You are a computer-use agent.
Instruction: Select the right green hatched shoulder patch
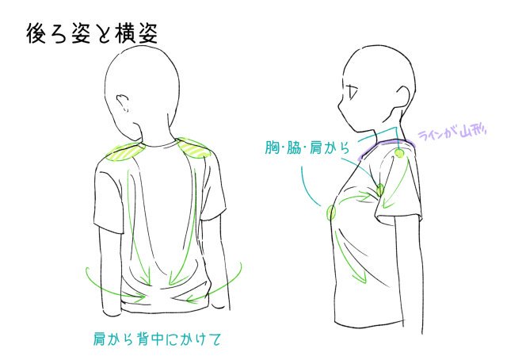point(193,147)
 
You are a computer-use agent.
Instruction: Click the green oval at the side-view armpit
point(380,190)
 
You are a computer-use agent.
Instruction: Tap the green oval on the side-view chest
point(331,212)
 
